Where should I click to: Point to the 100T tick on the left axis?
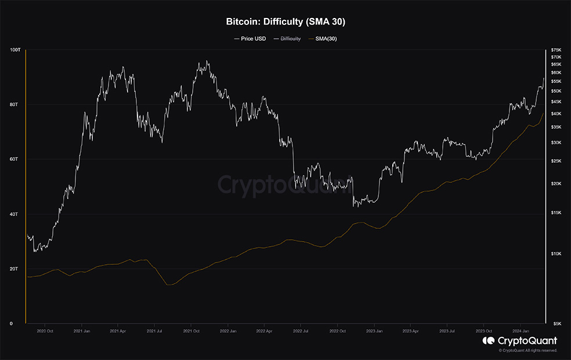pyautogui.click(x=15, y=50)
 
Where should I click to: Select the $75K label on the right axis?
pyautogui.click(x=556, y=51)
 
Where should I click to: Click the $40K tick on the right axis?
pyautogui.click(x=556, y=114)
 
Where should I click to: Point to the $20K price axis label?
pyautogui.click(x=556, y=183)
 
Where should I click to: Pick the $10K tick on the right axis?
pyautogui.click(x=556, y=254)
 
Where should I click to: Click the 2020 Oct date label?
pyautogui.click(x=45, y=332)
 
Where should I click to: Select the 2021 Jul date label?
pyautogui.click(x=154, y=332)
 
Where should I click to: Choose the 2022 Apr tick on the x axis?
pyautogui.click(x=264, y=332)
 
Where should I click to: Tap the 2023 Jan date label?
pyautogui.click(x=374, y=332)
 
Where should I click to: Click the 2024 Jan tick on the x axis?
pyautogui.click(x=521, y=332)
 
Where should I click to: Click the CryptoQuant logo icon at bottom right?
pyautogui.click(x=488, y=341)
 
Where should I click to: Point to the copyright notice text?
pyautogui.click(x=528, y=351)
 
